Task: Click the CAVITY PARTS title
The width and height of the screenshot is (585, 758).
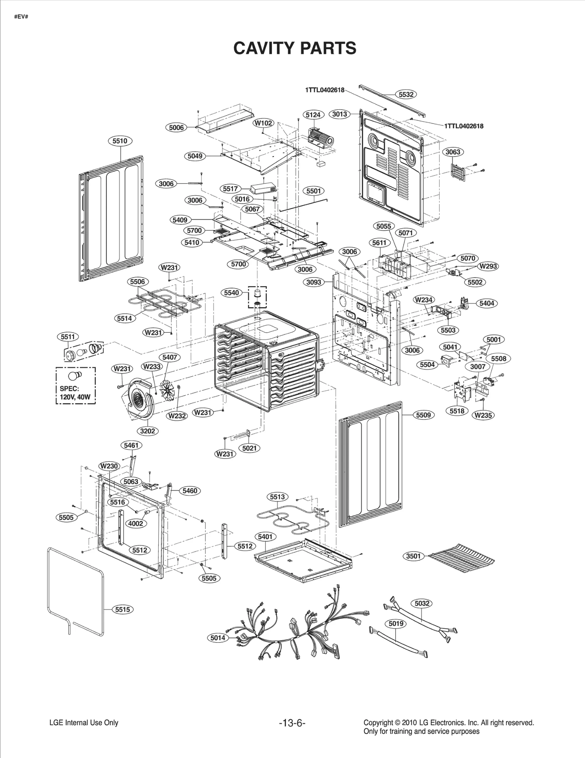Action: click(x=295, y=48)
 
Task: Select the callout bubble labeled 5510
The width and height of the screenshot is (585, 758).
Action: click(x=120, y=141)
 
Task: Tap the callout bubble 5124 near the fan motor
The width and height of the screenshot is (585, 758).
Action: click(x=313, y=115)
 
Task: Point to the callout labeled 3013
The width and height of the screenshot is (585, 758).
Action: click(x=339, y=114)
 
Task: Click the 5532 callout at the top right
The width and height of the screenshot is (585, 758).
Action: click(x=406, y=94)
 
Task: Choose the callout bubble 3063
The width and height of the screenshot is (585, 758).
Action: click(x=453, y=152)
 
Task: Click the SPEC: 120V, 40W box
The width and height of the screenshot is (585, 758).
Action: click(x=75, y=385)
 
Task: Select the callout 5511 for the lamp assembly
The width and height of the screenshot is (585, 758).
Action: click(x=68, y=337)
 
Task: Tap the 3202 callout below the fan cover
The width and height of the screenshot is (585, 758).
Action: click(x=147, y=431)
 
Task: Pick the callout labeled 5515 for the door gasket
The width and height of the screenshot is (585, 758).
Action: click(x=122, y=610)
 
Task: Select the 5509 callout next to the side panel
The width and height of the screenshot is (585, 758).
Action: click(x=423, y=415)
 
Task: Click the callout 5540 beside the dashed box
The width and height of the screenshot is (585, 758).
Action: click(x=231, y=293)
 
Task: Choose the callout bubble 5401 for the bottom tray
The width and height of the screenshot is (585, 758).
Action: click(x=265, y=537)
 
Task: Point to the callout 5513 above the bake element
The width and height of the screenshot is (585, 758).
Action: click(x=277, y=497)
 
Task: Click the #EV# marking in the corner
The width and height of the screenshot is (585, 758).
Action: click(x=21, y=17)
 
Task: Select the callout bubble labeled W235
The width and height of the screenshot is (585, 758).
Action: click(x=483, y=415)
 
